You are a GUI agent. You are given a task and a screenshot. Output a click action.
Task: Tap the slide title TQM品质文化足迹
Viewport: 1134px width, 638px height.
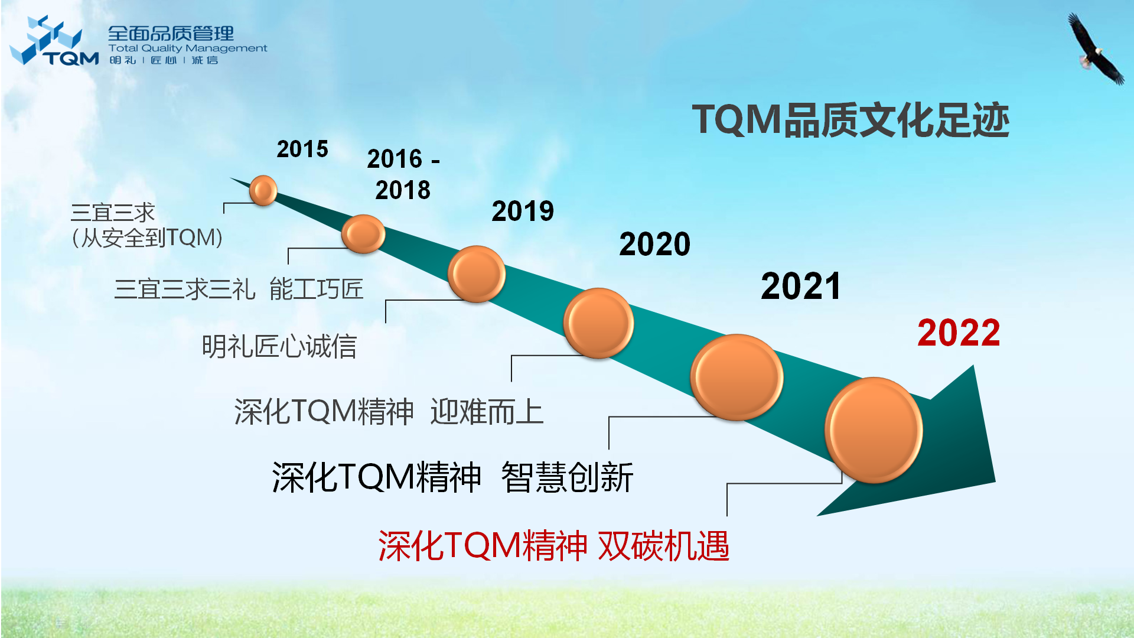pos(850,120)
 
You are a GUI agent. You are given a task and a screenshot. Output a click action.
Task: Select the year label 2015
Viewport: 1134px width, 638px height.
pos(302,149)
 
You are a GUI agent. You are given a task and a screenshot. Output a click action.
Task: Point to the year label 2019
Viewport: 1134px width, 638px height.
pos(523,211)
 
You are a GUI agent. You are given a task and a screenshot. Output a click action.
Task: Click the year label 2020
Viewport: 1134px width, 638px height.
pos(655,244)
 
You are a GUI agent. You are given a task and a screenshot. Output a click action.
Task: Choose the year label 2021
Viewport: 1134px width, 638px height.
pos(801,286)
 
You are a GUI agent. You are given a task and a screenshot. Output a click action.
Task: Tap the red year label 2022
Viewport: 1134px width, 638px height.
pos(959,333)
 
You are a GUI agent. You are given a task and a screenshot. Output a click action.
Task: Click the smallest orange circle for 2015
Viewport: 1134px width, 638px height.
pos(263,190)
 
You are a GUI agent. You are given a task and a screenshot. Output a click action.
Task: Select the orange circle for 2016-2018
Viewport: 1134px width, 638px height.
pos(363,234)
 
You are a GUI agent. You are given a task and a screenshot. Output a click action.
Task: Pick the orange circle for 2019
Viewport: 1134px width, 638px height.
pos(477,274)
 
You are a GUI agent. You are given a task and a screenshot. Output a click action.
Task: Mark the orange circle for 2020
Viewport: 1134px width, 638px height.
pos(598,323)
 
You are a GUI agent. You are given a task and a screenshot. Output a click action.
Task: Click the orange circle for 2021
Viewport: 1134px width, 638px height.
pos(737,377)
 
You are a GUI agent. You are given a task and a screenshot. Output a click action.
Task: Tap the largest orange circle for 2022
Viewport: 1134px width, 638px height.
pos(874,430)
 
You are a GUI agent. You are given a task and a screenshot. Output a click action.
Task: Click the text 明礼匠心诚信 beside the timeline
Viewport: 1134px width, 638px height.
pos(279,346)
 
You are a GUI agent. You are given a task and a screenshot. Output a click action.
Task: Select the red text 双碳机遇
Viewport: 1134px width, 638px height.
pos(664,545)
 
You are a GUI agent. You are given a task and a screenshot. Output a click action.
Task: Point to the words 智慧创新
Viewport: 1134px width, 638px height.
pos(567,477)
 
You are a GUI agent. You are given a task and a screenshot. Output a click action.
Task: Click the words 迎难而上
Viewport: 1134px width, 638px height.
pos(487,412)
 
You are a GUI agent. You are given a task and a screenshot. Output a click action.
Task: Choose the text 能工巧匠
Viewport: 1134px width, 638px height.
pos(317,289)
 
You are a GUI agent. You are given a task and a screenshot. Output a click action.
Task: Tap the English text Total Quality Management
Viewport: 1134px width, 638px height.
pos(188,48)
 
